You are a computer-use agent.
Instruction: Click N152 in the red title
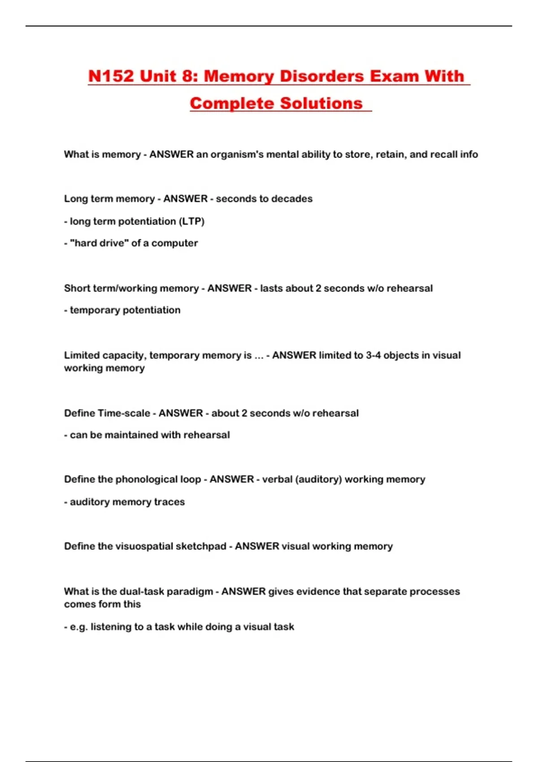tap(111, 76)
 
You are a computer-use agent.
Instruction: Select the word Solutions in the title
tap(321, 104)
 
